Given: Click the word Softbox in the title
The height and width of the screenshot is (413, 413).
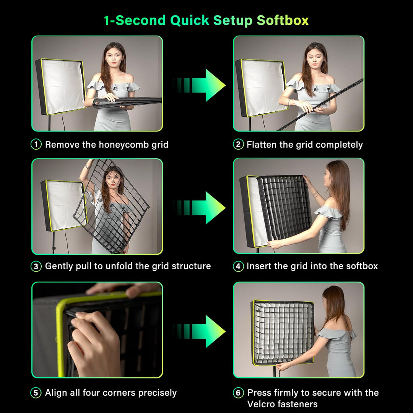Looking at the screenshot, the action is point(283,21).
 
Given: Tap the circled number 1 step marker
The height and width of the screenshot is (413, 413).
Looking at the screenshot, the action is point(36,144).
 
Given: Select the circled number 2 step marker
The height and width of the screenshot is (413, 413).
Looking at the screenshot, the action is point(238,144).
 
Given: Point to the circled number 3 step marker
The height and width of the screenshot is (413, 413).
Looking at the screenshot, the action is point(36,266).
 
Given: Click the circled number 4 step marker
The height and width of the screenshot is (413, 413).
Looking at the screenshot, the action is point(238,266).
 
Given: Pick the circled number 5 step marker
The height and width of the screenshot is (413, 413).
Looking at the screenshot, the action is point(36,393).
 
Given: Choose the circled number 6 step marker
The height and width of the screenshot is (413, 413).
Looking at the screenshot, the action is point(238,393).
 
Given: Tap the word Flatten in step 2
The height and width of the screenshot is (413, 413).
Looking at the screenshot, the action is point(262,145).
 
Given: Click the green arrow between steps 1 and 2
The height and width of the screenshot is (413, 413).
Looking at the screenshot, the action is point(199,85).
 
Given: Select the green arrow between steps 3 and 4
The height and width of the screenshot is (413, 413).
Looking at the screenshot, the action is point(199,208).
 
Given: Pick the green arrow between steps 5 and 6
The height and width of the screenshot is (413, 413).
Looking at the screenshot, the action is point(199,331).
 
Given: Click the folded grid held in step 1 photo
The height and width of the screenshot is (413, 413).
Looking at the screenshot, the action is point(127,102).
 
